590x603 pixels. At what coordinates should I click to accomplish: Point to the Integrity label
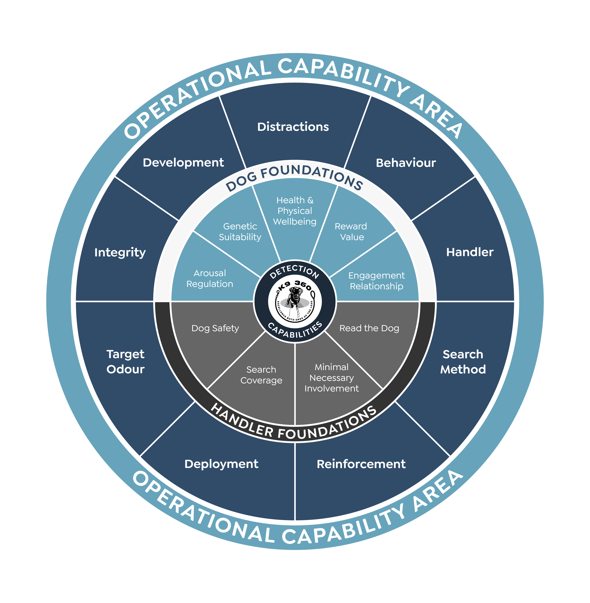coord(120,252)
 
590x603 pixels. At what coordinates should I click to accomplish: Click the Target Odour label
coord(125,362)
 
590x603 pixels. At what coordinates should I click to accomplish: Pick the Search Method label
coord(463,362)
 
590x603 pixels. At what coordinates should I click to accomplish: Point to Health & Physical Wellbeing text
coord(295,211)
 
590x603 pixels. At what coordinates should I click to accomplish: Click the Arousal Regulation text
coord(210,278)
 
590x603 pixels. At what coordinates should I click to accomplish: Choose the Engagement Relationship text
coord(376,281)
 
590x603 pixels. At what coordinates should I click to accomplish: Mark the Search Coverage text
coord(261,375)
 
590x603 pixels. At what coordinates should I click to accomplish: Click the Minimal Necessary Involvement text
coord(332,378)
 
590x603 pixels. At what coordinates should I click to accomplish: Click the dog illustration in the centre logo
coord(295,297)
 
